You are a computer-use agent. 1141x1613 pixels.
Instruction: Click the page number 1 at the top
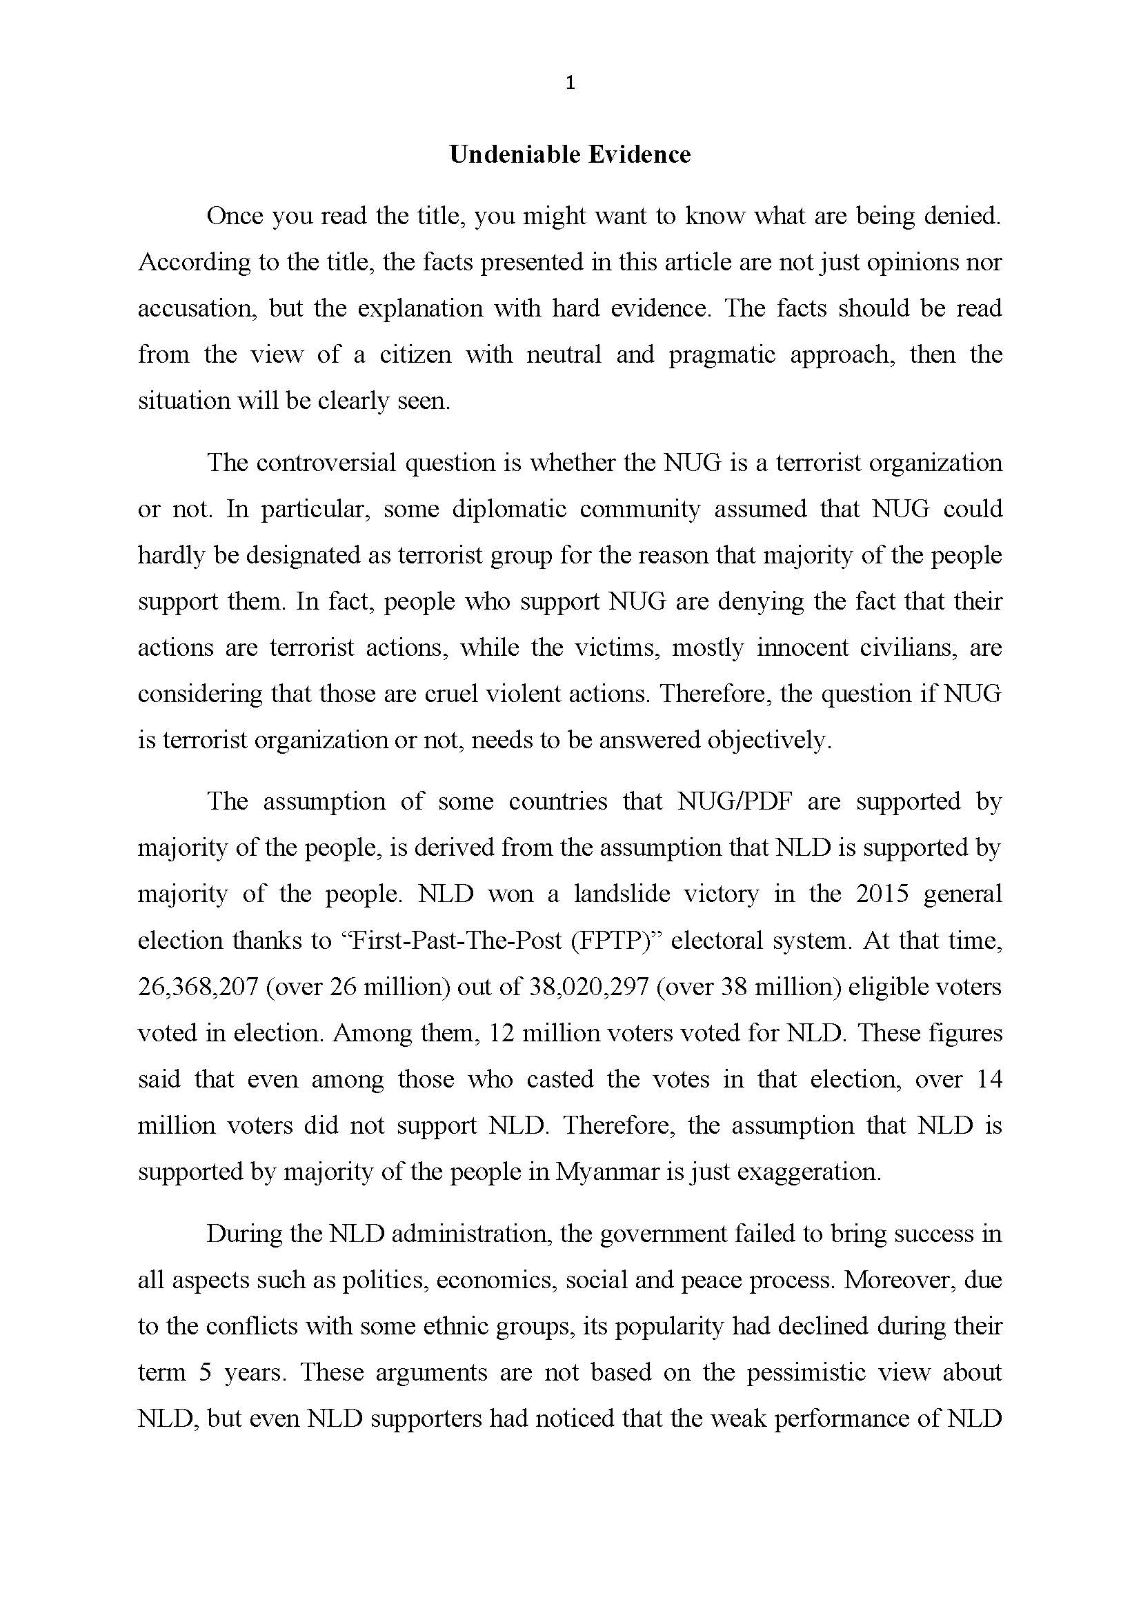tap(570, 83)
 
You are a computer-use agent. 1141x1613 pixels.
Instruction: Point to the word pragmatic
tap(722, 354)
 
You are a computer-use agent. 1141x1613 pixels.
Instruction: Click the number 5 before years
tap(205, 1372)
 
